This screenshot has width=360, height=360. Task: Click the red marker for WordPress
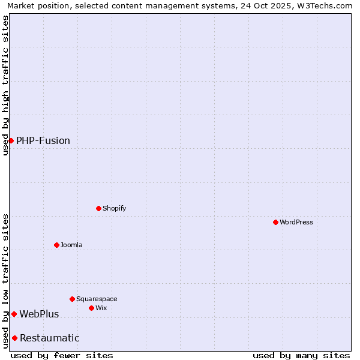[275, 222]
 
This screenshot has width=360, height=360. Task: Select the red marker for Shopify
[98, 208]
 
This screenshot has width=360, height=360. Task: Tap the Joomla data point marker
[56, 245]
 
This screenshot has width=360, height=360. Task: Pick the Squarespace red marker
[72, 299]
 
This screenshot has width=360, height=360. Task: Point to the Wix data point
[91, 308]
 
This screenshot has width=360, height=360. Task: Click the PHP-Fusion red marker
[11, 140]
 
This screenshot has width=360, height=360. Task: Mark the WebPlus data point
[14, 314]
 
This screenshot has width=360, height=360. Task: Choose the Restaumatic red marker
[14, 338]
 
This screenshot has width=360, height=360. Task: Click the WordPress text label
[296, 222]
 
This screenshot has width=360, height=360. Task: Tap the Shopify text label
[114, 208]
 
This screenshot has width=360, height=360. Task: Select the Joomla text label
[71, 245]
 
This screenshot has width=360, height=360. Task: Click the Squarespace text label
[97, 299]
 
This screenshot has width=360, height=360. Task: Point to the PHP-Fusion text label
[43, 140]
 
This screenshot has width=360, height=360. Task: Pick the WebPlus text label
[39, 314]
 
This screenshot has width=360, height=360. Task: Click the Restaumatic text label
[50, 338]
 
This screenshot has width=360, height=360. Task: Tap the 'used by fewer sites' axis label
[62, 355]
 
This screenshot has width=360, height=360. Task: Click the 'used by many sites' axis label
[301, 355]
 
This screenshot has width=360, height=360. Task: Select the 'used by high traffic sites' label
[5, 85]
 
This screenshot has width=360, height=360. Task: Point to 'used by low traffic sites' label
[5, 281]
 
